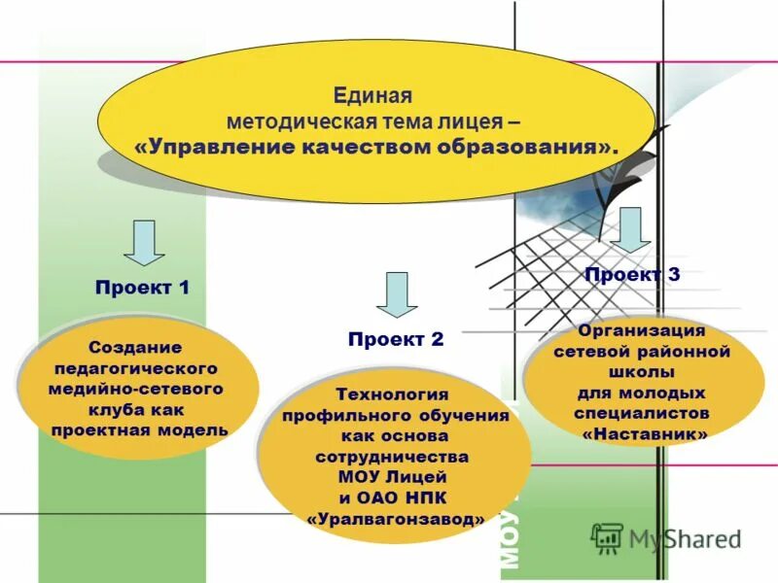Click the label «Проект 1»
coord(142,288)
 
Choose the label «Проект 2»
coord(396,339)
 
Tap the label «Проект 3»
coord(632,274)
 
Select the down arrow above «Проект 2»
coord(396,294)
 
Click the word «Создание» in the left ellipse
coord(135,347)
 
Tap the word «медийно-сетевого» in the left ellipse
coord(136,389)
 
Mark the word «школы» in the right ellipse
coord(642,373)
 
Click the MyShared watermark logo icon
coord(608,537)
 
